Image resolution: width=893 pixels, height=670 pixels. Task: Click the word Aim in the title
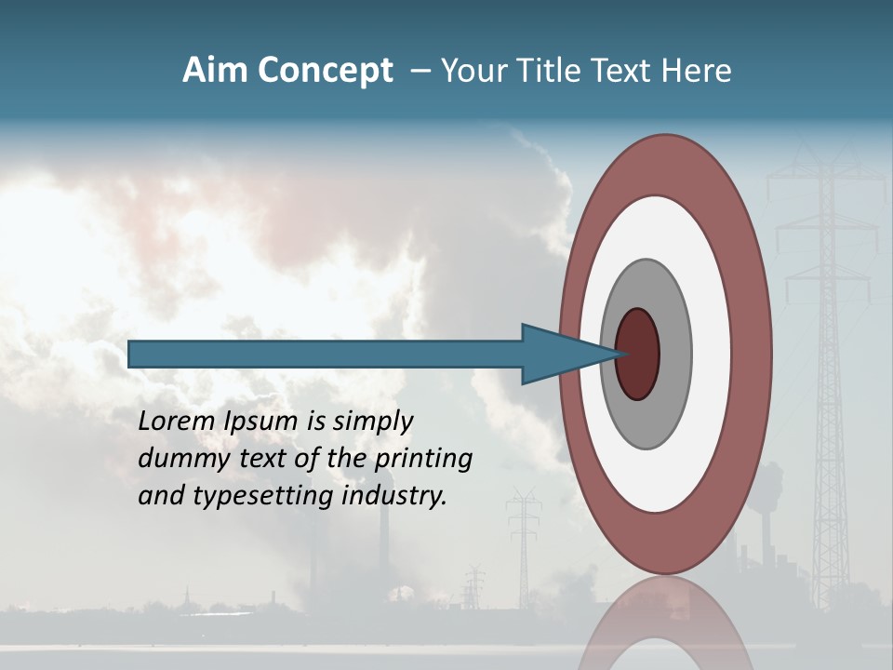215,71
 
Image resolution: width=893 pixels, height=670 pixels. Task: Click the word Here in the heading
697,71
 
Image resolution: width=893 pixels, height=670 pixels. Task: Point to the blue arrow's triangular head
558,355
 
